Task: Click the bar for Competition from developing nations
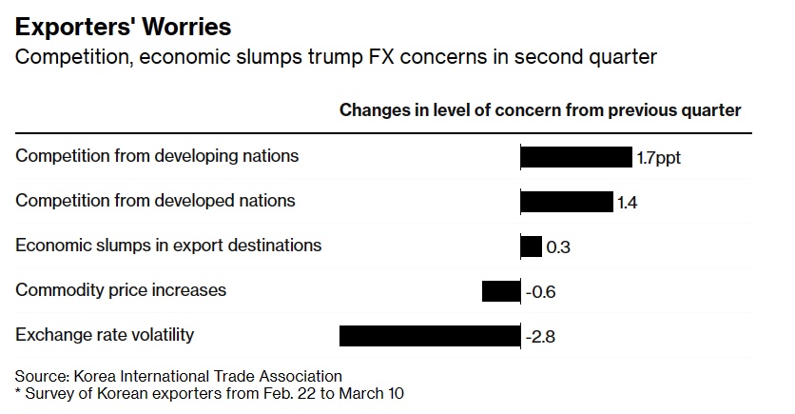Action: [x=576, y=157]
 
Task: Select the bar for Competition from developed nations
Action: [x=567, y=202]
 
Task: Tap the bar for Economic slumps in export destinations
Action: [x=532, y=246]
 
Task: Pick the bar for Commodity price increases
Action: [x=501, y=291]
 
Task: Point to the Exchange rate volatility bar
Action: [x=430, y=336]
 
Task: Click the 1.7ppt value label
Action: [x=659, y=158]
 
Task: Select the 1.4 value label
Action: [x=628, y=203]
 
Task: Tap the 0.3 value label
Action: [x=558, y=247]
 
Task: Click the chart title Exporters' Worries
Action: [x=123, y=25]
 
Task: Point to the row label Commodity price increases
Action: [x=121, y=289]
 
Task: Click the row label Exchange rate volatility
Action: [x=105, y=334]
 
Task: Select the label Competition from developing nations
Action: [x=157, y=155]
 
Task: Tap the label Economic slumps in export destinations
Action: [x=168, y=245]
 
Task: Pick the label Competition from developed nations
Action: [x=155, y=200]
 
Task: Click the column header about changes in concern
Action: [x=540, y=109]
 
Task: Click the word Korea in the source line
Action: [x=92, y=376]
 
